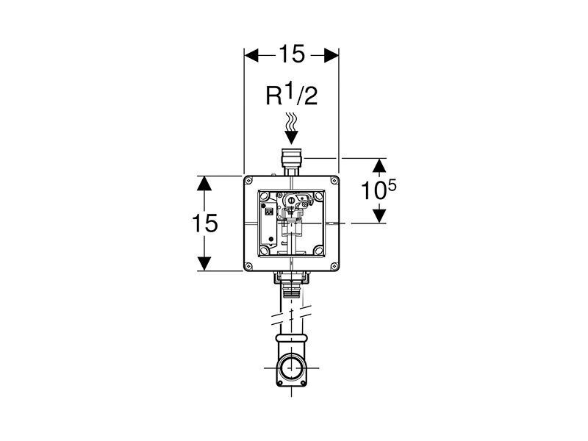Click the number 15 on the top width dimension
291,54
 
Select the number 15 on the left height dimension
204,223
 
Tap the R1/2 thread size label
291,96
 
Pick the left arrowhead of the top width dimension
251,56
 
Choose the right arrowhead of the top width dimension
331,56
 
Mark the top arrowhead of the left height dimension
204,183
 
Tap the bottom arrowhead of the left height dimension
204,263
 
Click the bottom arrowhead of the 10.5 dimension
379,216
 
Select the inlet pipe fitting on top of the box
292,162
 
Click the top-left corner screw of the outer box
249,181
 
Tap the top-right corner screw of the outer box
334,181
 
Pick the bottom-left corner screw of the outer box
249,266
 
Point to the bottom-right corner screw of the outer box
334,266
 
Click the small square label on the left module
269,212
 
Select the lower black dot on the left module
270,239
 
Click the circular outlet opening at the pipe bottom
291,368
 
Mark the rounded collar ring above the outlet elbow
291,337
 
